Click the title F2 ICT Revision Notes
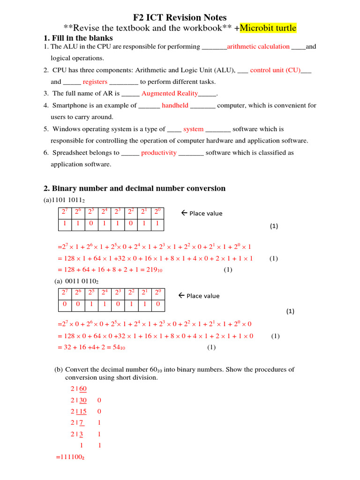pyautogui.click(x=180, y=17)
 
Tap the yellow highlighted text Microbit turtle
pyautogui.click(x=268, y=28)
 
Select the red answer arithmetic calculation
pyautogui.click(x=258, y=46)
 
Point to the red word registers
pyautogui.click(x=95, y=82)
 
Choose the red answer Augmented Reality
pyautogui.click(x=170, y=93)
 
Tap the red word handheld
pyautogui.click(x=175, y=105)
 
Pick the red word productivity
pyautogui.click(x=159, y=152)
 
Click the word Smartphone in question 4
pyautogui.click(x=71, y=105)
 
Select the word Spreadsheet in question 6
pyautogui.click(x=71, y=152)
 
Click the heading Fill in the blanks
pyautogui.click(x=82, y=38)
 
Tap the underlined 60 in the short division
pyautogui.click(x=83, y=389)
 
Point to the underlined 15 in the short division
pyautogui.click(x=83, y=412)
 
